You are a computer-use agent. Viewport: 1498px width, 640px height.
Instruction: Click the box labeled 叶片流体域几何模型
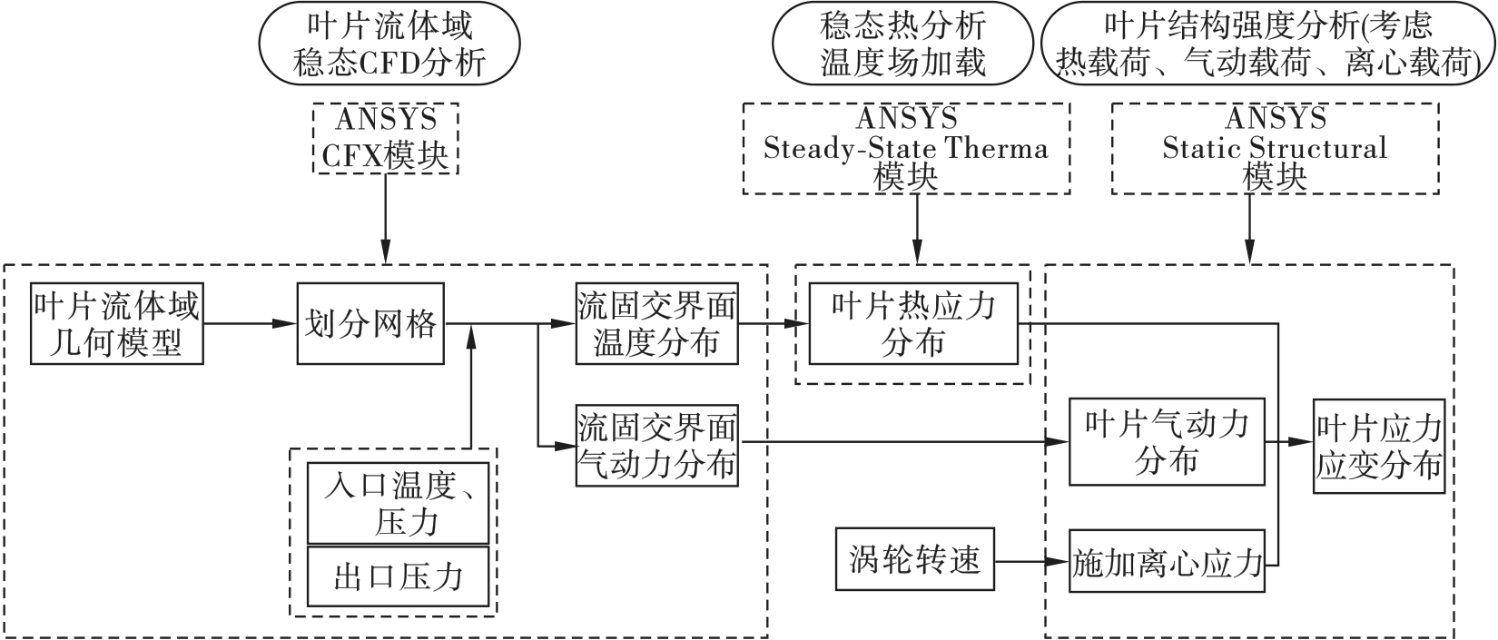[x=116, y=324]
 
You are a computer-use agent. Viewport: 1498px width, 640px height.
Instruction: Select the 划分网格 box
[x=370, y=324]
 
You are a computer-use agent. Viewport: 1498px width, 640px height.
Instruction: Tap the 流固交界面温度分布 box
[x=656, y=324]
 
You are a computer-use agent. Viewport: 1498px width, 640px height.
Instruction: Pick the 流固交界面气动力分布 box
[x=656, y=447]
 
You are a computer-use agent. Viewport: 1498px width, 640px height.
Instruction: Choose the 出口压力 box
[x=398, y=576]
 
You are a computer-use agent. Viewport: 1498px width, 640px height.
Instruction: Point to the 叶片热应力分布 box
[x=913, y=324]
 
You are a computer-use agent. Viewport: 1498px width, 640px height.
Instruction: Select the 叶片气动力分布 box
[x=1167, y=442]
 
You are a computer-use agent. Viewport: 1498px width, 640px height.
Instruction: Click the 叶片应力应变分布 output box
[x=1378, y=448]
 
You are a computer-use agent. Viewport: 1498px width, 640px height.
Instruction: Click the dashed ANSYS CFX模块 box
[x=386, y=138]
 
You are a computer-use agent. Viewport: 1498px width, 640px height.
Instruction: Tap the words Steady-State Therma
[x=905, y=148]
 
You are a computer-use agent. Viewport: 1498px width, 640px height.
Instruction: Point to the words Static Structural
[x=1275, y=148]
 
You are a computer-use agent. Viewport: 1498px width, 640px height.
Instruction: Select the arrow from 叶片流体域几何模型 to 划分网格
[x=251, y=322]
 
